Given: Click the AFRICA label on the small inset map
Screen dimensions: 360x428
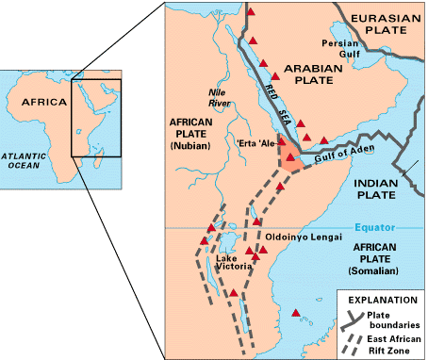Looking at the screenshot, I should click(x=44, y=102).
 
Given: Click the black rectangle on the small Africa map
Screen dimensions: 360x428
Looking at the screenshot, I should click(x=98, y=118).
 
